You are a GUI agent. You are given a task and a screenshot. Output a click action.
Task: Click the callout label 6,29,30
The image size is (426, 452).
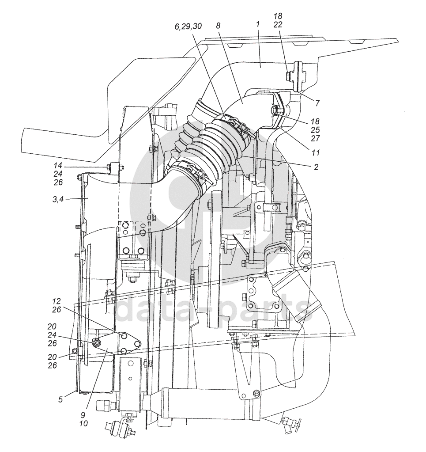coord(188,27)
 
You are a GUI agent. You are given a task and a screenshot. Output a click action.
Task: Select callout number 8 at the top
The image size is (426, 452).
coord(218,26)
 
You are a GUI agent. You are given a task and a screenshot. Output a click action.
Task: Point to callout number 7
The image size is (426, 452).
coord(317,103)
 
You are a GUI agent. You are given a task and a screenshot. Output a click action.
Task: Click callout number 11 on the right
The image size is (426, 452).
coord(316,152)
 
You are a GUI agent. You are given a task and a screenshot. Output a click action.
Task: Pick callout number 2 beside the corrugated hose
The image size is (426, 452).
coord(316,167)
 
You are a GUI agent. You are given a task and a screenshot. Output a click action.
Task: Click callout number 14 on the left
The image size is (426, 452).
coord(57,165)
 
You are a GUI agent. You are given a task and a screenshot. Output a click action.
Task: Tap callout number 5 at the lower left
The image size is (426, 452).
coord(60,399)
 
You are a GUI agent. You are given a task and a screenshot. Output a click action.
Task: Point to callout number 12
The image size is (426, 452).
coord(57,301)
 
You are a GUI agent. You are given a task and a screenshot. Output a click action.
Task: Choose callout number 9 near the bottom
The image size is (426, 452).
coord(83,415)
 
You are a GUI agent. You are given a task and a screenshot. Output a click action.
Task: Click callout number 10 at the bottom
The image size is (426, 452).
coord(83,423)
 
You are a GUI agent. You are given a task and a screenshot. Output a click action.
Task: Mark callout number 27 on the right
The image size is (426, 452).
coord(315,138)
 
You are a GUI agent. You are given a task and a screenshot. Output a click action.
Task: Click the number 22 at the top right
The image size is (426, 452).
coord(278,24)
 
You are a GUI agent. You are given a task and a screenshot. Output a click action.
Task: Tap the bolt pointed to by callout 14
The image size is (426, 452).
coord(109,166)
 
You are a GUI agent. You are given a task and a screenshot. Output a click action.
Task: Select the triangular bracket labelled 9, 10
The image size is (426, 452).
coord(118,342)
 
